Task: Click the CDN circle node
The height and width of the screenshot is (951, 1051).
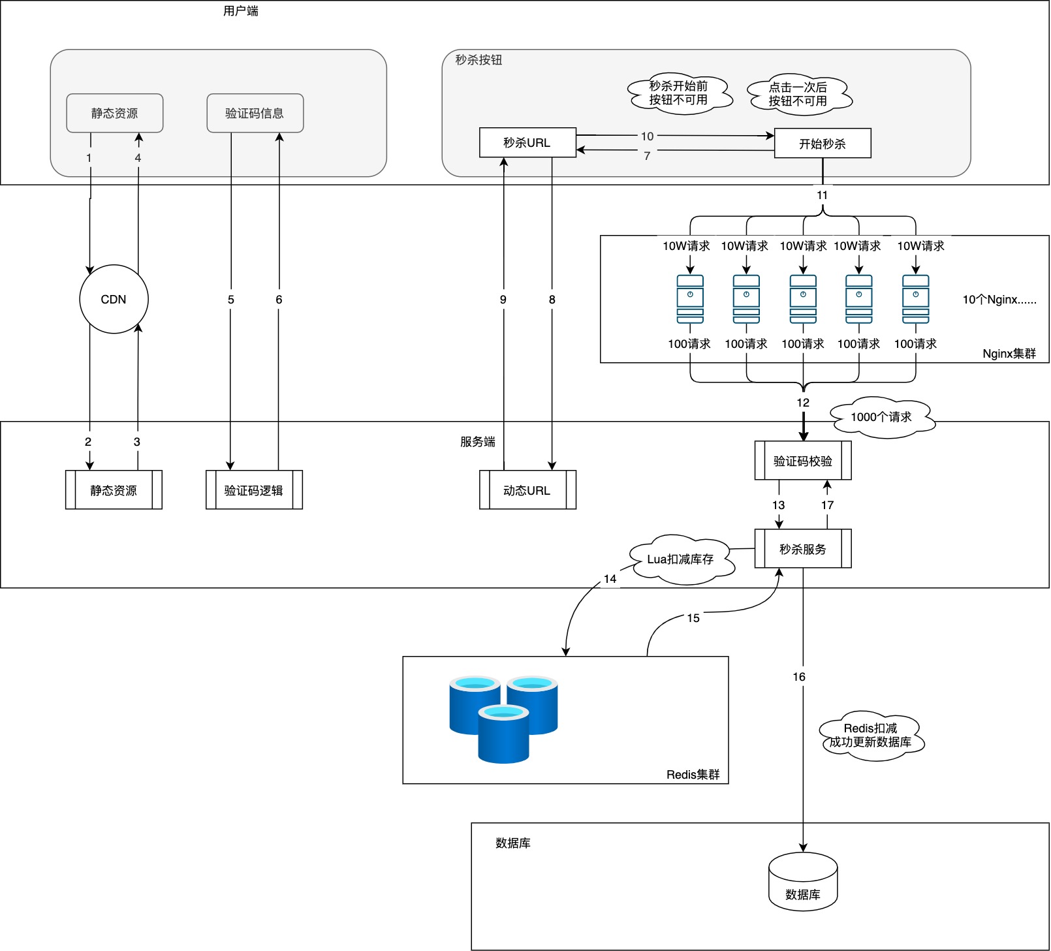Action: coord(114,299)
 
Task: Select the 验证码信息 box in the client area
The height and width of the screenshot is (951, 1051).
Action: coord(255,113)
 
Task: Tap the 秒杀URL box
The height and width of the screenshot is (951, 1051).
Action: coord(527,142)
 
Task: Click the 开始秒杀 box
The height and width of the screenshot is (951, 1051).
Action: coord(823,144)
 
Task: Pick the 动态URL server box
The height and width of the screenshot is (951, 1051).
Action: coord(527,490)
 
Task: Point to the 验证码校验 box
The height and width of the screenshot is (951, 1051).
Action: coord(803,461)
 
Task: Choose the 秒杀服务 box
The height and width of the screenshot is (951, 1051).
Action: coord(803,549)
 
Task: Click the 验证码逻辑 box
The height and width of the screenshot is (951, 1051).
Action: coord(254,490)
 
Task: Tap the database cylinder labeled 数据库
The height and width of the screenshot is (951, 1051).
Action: coord(803,882)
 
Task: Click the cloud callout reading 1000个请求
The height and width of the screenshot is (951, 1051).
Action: coord(881,417)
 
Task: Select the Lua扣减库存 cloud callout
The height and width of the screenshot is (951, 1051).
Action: coord(681,559)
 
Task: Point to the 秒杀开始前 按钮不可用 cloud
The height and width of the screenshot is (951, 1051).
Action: coord(679,93)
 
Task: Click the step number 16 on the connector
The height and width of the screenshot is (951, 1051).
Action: coord(799,677)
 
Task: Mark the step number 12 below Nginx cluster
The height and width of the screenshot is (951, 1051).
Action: coord(803,403)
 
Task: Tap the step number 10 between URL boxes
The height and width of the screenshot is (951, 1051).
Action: coord(647,136)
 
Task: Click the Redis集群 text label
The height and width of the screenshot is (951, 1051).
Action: coord(693,774)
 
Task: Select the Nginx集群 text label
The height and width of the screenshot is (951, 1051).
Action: coord(1009,354)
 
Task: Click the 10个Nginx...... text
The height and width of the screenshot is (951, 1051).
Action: coord(999,300)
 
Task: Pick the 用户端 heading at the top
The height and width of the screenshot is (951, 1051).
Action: coord(241,11)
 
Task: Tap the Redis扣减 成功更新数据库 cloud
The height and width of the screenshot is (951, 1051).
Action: coord(871,736)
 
